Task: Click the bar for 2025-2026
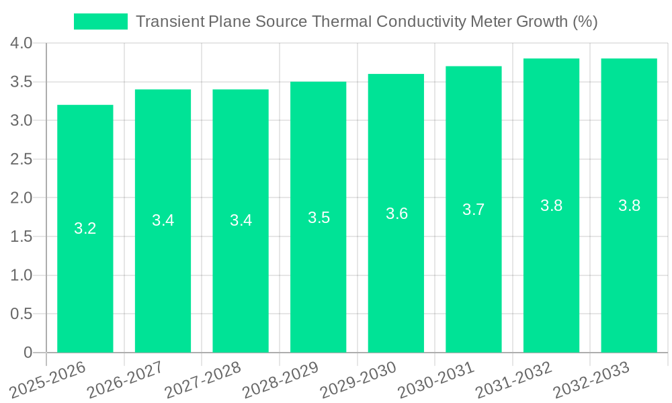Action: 85,228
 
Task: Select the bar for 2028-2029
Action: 319,217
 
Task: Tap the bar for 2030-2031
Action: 474,209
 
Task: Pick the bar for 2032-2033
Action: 629,206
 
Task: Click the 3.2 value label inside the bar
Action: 85,228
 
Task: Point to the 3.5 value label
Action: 319,218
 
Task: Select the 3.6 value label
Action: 396,214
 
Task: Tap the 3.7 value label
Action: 474,210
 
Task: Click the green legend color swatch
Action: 100,21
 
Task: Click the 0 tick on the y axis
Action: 28,353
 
